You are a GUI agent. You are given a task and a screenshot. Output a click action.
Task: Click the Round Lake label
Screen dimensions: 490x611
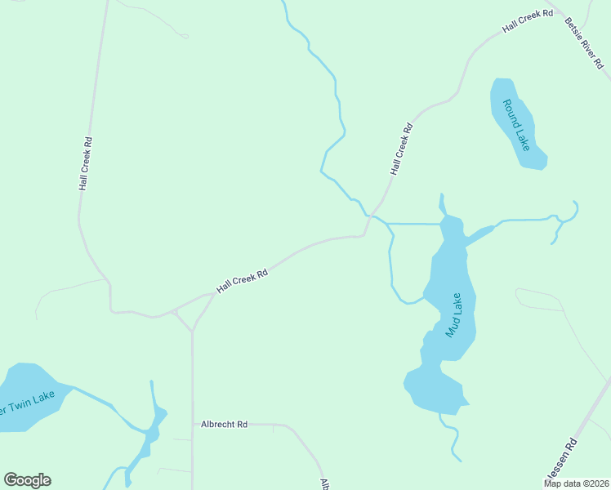516,125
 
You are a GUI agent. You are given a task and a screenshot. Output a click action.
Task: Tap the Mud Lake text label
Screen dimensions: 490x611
453,315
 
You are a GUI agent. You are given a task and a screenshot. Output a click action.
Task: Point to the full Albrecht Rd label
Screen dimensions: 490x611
224,425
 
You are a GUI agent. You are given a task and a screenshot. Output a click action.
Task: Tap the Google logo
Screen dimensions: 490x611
27,480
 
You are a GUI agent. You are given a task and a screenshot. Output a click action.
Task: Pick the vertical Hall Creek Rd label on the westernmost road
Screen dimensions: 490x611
85,163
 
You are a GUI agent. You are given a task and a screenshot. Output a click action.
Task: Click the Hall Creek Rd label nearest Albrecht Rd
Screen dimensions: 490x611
242,283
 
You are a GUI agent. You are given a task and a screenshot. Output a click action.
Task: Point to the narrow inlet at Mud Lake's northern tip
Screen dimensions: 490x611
442,204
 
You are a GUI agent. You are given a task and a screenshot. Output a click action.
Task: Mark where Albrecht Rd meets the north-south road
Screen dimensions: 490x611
193,425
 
